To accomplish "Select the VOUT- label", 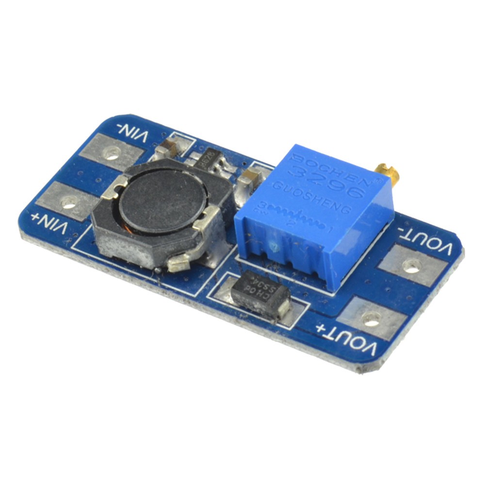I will pos(425,241).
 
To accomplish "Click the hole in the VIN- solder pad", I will pos(112,154).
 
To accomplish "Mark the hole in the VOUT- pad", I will pos(412,265).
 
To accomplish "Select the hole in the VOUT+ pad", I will pos(371,319).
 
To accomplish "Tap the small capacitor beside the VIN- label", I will pos(170,146).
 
